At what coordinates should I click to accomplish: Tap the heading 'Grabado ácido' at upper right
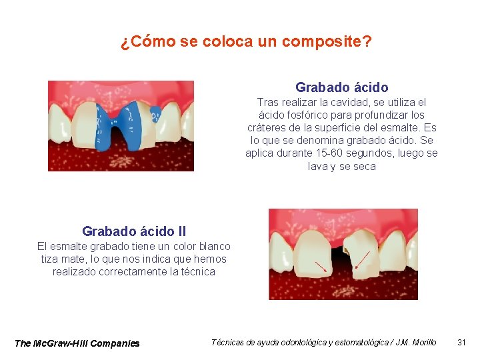[x=341, y=87]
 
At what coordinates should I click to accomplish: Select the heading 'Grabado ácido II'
[x=134, y=231]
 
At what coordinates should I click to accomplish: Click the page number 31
[x=461, y=342]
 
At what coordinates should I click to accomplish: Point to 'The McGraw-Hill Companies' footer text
[x=77, y=343]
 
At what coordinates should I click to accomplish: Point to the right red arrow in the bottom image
[x=362, y=259]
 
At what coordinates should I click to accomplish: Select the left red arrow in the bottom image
[x=320, y=266]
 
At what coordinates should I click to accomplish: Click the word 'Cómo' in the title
[x=150, y=42]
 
